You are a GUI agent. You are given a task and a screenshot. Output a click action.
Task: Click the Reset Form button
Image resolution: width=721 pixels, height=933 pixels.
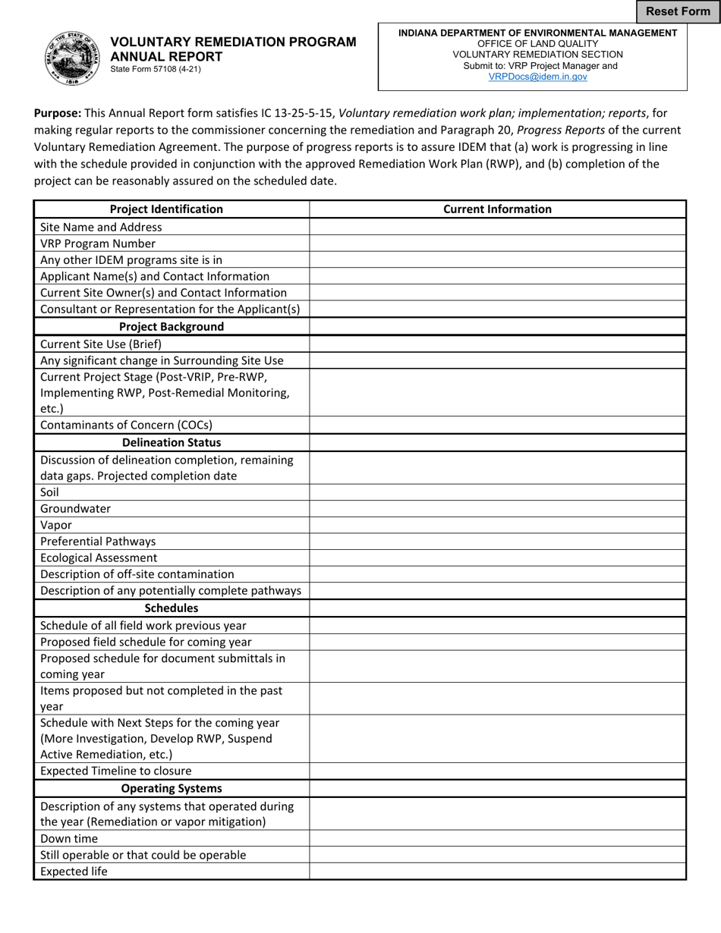coord(678,11)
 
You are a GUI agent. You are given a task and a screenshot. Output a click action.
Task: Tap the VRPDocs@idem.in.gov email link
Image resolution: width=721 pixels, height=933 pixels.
coord(537,77)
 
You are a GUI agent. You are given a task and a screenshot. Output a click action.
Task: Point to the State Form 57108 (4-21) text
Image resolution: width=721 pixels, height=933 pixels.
coord(156,69)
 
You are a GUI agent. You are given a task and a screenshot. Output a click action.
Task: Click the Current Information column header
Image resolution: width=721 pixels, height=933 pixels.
coord(497,209)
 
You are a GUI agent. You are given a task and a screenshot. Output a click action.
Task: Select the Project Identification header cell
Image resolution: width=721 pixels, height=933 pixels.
coord(166,209)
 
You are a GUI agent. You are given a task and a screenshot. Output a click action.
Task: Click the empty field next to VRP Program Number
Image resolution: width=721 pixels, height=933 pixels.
coord(497,243)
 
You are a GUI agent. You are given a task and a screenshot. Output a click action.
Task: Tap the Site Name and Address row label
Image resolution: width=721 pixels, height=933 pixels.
coord(101,227)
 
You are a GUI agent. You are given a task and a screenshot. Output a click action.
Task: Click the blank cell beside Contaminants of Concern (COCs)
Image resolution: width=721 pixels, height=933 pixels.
coord(497,425)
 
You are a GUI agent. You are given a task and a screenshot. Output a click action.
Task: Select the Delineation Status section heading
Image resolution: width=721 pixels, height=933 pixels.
coord(172,442)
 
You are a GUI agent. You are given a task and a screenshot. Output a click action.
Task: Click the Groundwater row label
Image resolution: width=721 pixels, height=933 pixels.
coord(75,508)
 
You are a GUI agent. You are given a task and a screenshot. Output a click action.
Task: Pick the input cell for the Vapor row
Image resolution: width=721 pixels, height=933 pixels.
coord(497,525)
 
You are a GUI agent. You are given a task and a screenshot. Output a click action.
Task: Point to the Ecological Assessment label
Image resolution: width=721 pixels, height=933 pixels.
coord(99,558)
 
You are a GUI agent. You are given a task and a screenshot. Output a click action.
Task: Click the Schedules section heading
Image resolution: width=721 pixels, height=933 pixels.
coord(172,608)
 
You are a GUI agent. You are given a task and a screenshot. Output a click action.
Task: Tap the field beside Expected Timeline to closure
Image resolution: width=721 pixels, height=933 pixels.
coord(497,771)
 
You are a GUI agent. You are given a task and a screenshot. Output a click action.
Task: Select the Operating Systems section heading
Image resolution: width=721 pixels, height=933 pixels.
coord(172,788)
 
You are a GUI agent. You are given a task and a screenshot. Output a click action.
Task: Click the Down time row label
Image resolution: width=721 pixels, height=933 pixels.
coord(69,838)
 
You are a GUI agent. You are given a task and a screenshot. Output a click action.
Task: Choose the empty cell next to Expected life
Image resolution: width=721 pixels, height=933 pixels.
coord(497,872)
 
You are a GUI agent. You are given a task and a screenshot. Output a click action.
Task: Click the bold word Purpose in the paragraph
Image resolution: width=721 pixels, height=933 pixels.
coord(58,113)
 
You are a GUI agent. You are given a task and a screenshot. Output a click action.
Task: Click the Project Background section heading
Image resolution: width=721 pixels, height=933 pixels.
coord(172,326)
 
